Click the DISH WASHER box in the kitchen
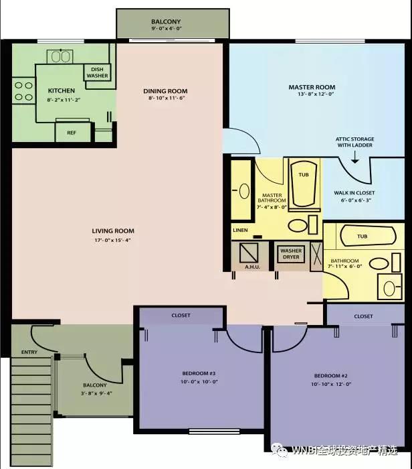pos(98,72)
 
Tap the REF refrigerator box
pos(73,132)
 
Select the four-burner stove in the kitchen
pos(23,90)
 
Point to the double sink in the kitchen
pos(60,56)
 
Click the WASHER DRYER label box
pos(291,254)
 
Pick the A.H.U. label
pos(253,267)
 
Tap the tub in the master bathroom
pos(304,184)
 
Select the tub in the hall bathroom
pos(368,236)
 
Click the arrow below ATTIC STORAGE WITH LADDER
pos(354,157)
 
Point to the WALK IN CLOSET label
pos(354,193)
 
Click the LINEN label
pos(240,230)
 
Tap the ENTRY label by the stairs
pos(29,352)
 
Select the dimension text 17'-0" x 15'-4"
pos(113,240)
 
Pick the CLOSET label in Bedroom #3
pos(181,316)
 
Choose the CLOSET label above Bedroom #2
pos(363,316)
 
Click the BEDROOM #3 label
pos(199,373)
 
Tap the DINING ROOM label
pos(165,91)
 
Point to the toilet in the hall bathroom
pos(389,287)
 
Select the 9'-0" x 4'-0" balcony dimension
pos(167,29)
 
